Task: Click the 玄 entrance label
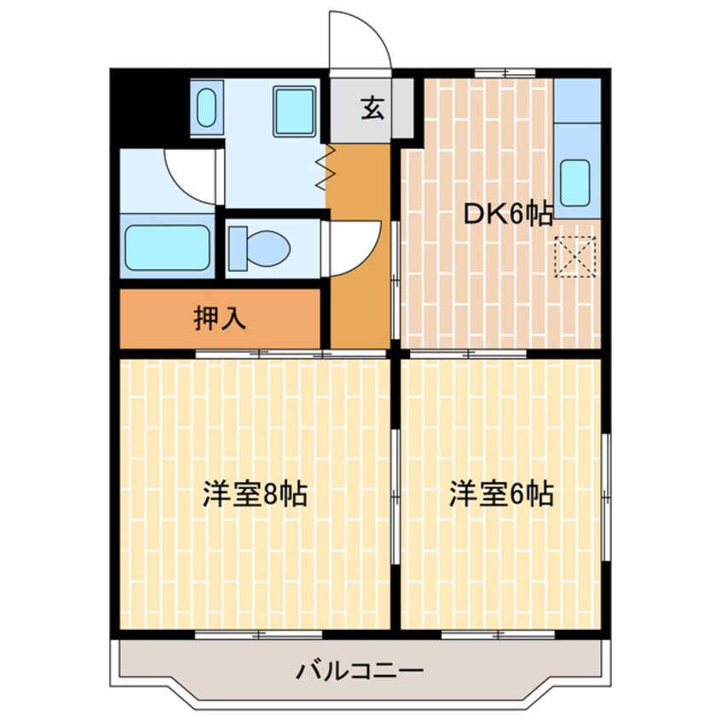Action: click(371, 109)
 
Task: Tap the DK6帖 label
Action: click(507, 215)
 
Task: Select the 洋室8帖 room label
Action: click(255, 494)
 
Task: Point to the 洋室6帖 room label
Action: click(502, 493)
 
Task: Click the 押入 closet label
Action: click(220, 319)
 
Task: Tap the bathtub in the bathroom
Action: click(168, 247)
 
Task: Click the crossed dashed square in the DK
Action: click(574, 257)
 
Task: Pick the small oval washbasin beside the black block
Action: click(206, 109)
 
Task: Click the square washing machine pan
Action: click(296, 111)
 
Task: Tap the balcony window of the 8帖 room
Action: click(259, 633)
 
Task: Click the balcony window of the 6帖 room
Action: click(499, 633)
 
